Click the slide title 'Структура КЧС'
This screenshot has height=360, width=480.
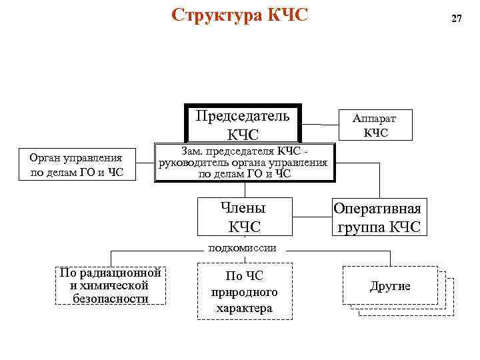tap(240, 15)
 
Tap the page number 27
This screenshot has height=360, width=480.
tap(456, 19)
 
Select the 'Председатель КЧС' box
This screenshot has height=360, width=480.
tap(243, 125)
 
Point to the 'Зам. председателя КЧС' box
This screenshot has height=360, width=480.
tap(243, 162)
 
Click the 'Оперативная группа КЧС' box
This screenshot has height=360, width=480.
tap(377, 217)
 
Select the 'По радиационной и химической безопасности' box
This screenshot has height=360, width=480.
tap(111, 285)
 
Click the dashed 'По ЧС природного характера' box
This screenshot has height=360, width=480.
tap(244, 291)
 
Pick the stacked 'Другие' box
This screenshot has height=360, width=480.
tap(391, 286)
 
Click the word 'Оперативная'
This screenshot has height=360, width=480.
tap(377, 208)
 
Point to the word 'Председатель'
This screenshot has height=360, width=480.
tap(243, 115)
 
